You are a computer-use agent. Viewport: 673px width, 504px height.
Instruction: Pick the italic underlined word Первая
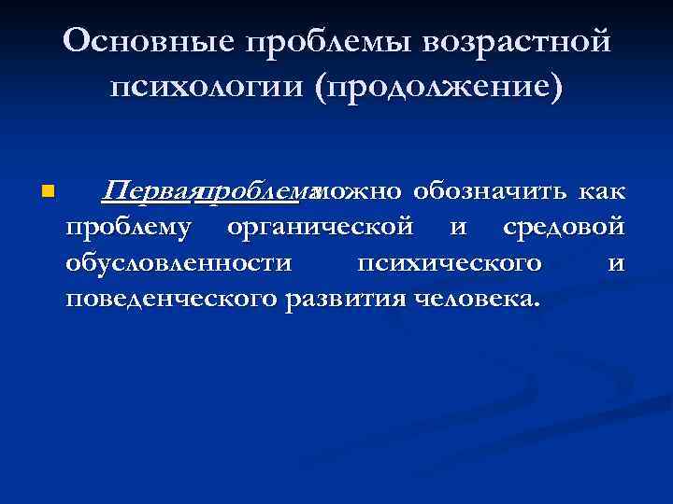(148, 191)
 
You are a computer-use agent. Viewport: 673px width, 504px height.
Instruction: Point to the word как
(600, 191)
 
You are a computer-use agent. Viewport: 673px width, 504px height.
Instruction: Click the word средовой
(563, 228)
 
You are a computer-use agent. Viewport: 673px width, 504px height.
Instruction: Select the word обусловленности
(179, 263)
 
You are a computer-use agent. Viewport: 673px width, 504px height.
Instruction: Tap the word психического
(450, 264)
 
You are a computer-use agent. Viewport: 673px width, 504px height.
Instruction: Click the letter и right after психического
(616, 264)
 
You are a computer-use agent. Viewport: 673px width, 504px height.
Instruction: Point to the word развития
(352, 300)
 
